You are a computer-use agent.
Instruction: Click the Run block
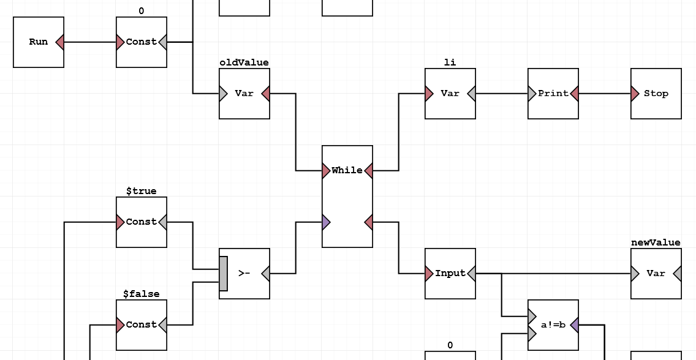click(38, 42)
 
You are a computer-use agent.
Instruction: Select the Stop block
click(656, 94)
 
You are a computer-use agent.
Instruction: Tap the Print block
click(553, 94)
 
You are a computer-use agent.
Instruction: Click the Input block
click(450, 274)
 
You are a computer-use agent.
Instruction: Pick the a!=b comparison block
click(553, 325)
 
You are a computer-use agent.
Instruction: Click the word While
click(347, 170)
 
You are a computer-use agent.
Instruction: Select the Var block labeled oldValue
click(244, 94)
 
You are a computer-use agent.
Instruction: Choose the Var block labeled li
click(450, 94)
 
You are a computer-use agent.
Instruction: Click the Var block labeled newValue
click(656, 274)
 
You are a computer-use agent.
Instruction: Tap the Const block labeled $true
click(142, 222)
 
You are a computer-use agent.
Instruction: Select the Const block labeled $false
click(142, 325)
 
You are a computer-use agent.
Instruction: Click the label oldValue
click(244, 62)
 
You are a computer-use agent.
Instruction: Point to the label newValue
click(656, 242)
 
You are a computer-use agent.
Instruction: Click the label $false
click(142, 294)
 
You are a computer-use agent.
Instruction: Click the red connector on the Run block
click(60, 42)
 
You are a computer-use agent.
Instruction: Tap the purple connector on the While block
click(327, 222)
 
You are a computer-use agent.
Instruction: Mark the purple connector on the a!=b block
click(574, 325)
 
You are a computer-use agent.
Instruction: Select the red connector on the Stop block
click(635, 94)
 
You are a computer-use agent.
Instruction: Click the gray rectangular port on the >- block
click(223, 274)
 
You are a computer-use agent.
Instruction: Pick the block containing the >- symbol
click(244, 274)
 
